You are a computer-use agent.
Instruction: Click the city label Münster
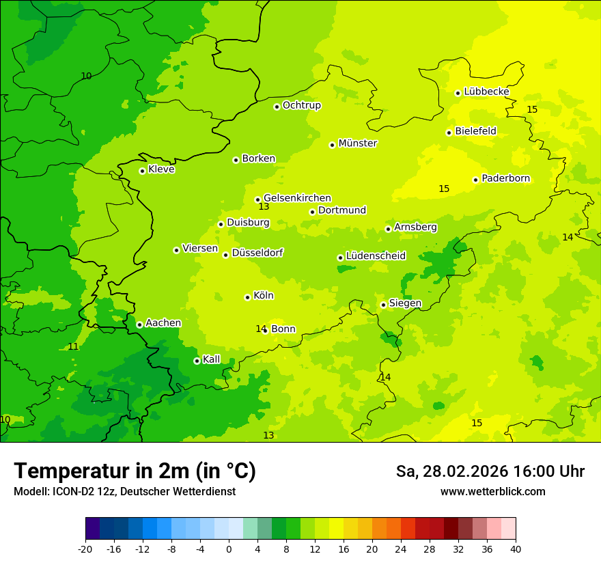357,143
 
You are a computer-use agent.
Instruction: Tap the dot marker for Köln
247,297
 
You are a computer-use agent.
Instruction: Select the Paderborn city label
505,178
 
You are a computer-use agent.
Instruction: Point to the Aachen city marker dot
139,324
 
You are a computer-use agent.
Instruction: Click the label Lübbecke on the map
486,92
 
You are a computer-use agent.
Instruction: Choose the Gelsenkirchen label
297,198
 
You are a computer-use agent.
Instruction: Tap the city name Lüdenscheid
376,256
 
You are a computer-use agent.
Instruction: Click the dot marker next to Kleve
142,171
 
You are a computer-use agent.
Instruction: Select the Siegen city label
405,303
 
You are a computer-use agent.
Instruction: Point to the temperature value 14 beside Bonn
260,329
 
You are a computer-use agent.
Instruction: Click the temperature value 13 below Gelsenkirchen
264,206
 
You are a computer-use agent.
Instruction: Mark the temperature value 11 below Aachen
73,347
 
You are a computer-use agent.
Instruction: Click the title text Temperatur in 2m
135,471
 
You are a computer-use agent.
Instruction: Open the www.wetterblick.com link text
492,492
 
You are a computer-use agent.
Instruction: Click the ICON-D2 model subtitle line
124,492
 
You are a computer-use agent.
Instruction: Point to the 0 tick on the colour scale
229,549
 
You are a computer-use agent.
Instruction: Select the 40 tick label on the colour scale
515,549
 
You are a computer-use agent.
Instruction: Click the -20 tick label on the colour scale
85,549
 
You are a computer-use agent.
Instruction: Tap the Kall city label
212,359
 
